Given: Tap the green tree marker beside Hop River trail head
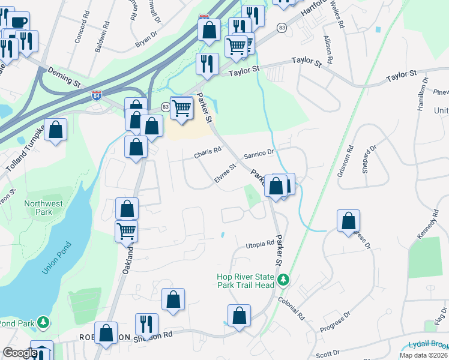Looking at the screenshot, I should [x=283, y=280].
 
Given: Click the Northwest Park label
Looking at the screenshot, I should [x=43, y=208].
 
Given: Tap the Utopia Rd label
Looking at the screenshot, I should [x=259, y=244].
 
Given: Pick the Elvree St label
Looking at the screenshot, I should [x=226, y=170].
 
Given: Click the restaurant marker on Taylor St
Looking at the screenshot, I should [x=207, y=64].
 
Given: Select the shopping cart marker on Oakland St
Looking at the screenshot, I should [x=126, y=230].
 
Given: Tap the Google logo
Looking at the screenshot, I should [x=20, y=353].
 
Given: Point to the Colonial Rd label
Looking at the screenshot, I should [x=291, y=308].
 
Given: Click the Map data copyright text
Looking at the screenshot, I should [x=424, y=355].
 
